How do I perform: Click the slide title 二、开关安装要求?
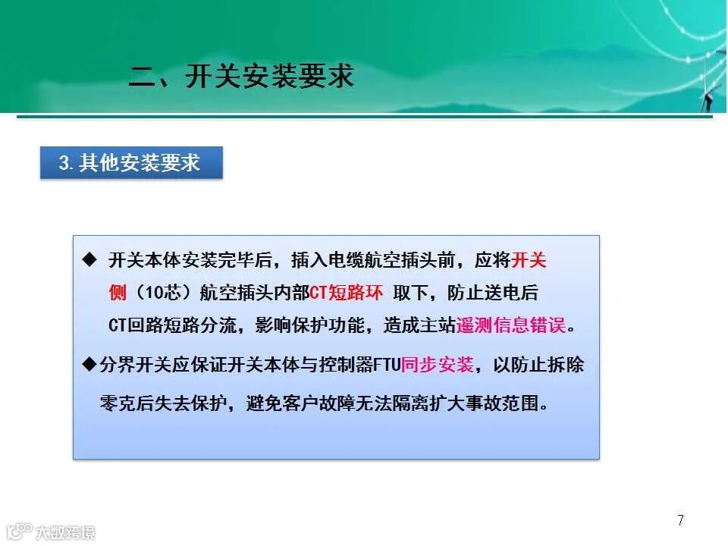pos(242,77)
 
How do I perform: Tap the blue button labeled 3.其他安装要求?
pos(131,163)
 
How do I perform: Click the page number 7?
pos(680,520)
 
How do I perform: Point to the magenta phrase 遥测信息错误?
pos(511,325)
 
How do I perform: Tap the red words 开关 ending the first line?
pos(529,261)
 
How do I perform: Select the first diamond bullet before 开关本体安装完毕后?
pos(89,260)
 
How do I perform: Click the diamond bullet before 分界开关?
pos(89,365)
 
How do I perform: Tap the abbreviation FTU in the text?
pos(386,365)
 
